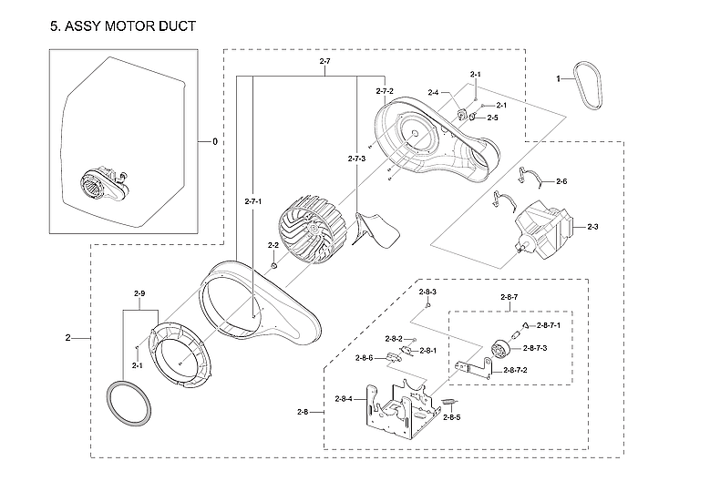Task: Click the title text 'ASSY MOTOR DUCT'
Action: coord(130,27)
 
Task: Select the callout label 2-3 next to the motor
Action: coord(592,226)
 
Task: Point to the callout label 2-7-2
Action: coord(384,92)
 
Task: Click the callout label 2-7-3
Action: coord(356,159)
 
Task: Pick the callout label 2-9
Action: coord(139,293)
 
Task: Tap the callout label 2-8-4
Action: coord(345,399)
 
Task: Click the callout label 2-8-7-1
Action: coord(549,325)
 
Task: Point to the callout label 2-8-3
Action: coord(428,292)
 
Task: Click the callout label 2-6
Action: coord(561,182)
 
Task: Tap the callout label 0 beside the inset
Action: coord(215,142)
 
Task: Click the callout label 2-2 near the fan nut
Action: coord(273,246)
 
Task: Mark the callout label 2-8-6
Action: coord(365,357)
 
